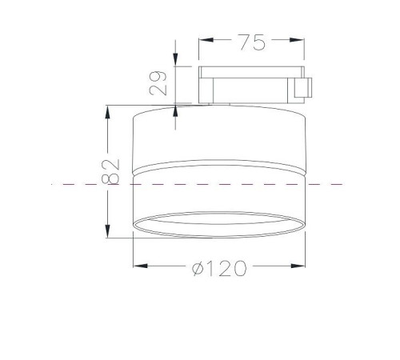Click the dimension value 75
tap(252, 42)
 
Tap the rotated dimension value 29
tap(158, 83)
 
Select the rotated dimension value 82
tap(110, 172)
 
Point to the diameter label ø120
tap(219, 268)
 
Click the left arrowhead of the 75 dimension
tap(206, 40)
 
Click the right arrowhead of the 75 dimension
tap(297, 40)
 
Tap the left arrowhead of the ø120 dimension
tap(140, 266)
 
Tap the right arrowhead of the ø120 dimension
tap(298, 266)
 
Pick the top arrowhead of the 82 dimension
tap(107, 112)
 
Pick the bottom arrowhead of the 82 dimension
tap(107, 231)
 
